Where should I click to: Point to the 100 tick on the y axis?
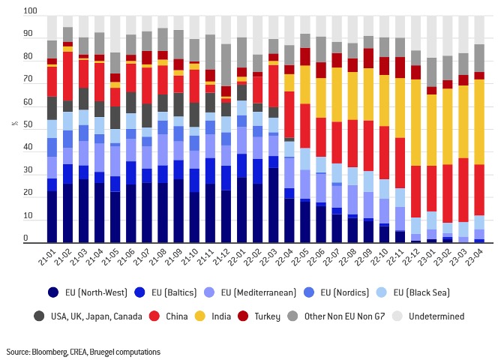(29, 13)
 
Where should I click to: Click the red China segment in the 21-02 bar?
(67, 75)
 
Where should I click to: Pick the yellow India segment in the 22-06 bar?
(320, 94)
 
